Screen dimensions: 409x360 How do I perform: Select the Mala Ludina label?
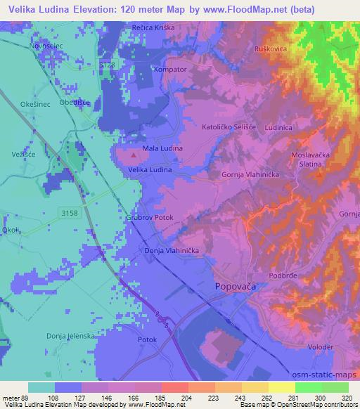(x=162, y=148)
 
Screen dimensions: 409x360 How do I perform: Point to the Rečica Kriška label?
(x=153, y=27)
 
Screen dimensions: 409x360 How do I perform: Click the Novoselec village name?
(x=44, y=45)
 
